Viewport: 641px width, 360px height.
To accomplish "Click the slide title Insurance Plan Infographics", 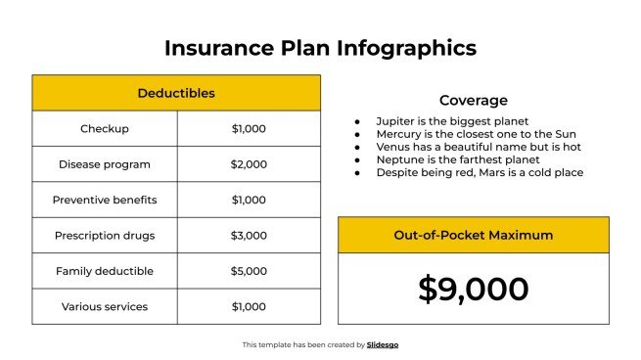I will (x=320, y=48).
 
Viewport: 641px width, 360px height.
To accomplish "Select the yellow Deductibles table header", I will (x=176, y=93).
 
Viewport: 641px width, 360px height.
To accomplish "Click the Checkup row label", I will (x=105, y=129).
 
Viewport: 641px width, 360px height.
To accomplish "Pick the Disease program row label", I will (x=105, y=164).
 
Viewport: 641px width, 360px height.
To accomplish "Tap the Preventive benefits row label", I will (x=105, y=200).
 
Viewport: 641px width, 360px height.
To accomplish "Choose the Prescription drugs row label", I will (x=105, y=236).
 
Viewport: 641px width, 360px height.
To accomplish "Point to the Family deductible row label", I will (x=105, y=271).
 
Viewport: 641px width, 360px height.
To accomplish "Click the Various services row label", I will (x=105, y=306).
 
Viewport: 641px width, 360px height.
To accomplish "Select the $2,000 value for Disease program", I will (x=249, y=164).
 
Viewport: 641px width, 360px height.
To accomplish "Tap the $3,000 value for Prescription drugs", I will (x=249, y=236).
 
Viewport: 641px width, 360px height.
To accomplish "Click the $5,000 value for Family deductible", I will (x=249, y=271).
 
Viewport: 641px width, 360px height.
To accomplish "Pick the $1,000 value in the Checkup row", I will (x=249, y=129).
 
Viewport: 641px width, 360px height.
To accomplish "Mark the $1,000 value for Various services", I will (x=249, y=306).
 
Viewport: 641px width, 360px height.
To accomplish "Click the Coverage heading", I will (x=473, y=100).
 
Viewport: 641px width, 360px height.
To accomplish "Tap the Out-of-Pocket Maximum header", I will (x=473, y=235).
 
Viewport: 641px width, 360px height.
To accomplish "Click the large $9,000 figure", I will (x=473, y=289).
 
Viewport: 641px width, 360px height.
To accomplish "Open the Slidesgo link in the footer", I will (x=383, y=344).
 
